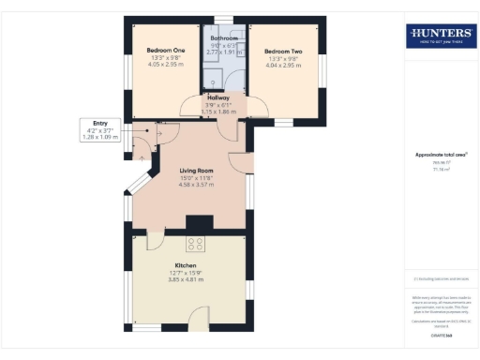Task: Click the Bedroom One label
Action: coord(166,51)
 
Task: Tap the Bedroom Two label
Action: coord(282,51)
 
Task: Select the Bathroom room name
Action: coord(223,38)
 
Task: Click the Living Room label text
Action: coord(198,170)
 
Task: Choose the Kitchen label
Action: coord(185,265)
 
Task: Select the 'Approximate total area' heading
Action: coord(440,155)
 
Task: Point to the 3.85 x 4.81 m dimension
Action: coord(185,280)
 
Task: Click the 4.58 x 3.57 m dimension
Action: coord(198,185)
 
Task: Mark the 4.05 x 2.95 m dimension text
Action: coord(166,66)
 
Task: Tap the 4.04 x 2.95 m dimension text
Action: coord(282,66)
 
